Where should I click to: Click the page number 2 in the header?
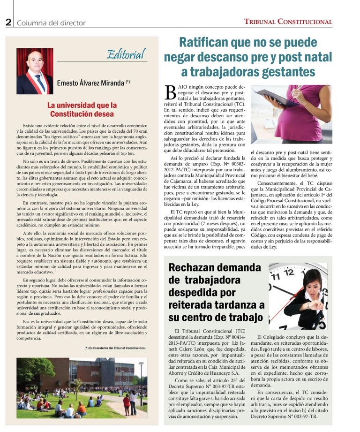pos(8,22)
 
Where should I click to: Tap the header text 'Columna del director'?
pos(51,23)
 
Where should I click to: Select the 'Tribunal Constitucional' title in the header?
pos(288,22)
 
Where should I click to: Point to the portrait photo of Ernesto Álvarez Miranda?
pos(35,71)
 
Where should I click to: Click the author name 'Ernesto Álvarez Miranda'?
pos(90,83)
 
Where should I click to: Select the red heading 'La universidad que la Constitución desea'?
pos(82,109)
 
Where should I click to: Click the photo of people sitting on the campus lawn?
pos(81,387)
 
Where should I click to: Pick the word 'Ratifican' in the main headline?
pos(207,43)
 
